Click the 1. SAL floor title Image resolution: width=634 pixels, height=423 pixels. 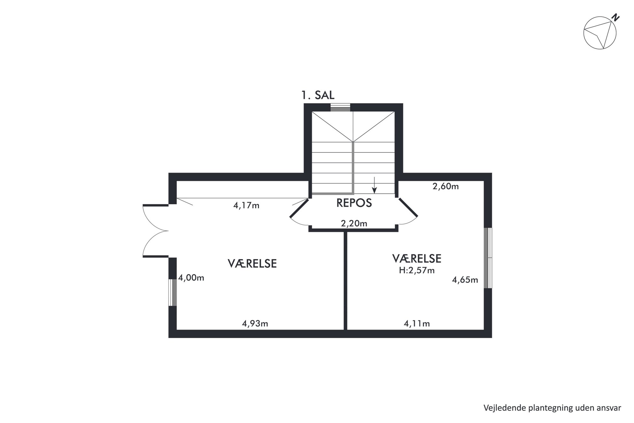[318, 95]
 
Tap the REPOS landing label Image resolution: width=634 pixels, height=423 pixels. [354, 203]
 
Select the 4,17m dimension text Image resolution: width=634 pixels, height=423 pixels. [246, 206]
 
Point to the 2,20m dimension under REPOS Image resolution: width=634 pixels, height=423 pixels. [354, 223]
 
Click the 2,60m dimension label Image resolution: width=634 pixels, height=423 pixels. [445, 186]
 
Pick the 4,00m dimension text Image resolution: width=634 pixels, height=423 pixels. [191, 278]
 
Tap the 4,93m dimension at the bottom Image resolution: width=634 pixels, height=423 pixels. [255, 324]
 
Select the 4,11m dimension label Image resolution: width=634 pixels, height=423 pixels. [417, 324]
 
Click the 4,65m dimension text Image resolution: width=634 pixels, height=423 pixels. [465, 280]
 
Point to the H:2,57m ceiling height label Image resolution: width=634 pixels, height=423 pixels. [417, 270]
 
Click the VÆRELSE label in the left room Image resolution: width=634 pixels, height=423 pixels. [252, 263]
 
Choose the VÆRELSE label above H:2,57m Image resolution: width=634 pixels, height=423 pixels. [417, 258]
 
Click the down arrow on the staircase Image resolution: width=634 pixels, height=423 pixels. [375, 185]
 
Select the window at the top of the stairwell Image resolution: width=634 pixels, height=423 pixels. [340, 107]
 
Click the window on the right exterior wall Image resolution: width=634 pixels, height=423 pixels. [488, 258]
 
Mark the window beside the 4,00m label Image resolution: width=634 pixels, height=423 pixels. [173, 293]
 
